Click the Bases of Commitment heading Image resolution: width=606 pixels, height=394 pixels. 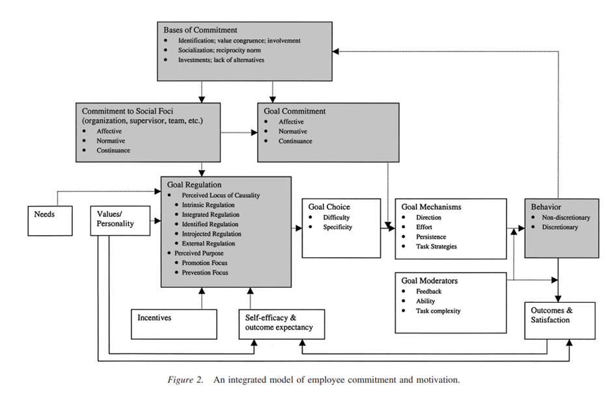tap(200, 30)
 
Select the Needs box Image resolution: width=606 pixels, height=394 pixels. tap(50, 221)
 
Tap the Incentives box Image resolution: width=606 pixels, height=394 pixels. tap(174, 324)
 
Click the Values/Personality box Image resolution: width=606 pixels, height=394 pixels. tap(120, 221)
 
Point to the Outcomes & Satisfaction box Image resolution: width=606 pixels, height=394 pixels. tap(560, 320)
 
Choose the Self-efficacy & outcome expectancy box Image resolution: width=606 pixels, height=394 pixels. tap(282, 324)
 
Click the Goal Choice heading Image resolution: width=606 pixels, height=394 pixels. tap(329, 207)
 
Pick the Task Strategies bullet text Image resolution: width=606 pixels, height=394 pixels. tap(436, 247)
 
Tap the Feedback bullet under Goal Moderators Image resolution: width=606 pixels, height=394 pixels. tap(428, 292)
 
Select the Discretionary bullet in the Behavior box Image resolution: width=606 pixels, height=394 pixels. tap(560, 227)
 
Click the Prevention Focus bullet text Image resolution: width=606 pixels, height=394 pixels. tap(205, 273)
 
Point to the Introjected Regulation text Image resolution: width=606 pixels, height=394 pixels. tap(212, 234)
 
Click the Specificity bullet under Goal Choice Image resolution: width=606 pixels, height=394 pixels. tap(337, 227)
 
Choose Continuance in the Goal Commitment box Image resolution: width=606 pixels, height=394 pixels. tap(296, 141)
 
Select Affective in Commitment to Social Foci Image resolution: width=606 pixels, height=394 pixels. tap(109, 132)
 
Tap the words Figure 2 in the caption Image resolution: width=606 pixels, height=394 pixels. tap(185, 380)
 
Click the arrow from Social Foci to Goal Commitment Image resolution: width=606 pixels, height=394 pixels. tap(239, 133)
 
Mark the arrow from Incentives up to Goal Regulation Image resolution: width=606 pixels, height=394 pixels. tap(202, 298)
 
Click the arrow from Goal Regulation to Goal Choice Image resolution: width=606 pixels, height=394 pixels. tap(297, 228)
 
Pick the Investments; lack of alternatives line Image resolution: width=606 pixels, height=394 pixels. tap(221, 60)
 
